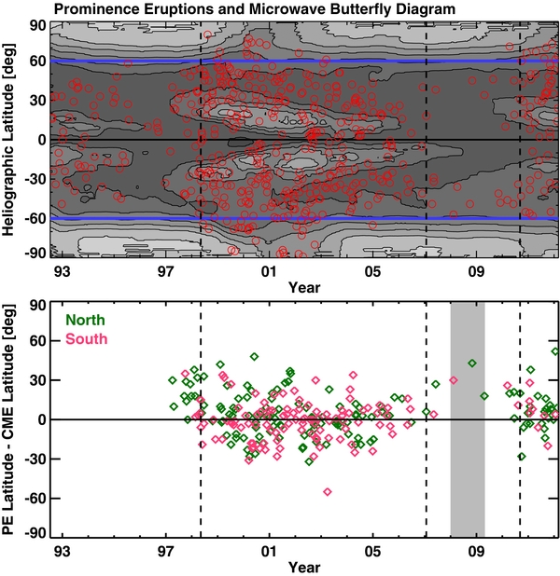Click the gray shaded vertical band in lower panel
(468, 419)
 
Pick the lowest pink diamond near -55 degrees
(328, 491)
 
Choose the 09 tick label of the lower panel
(475, 551)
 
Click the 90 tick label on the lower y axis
(39, 305)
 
